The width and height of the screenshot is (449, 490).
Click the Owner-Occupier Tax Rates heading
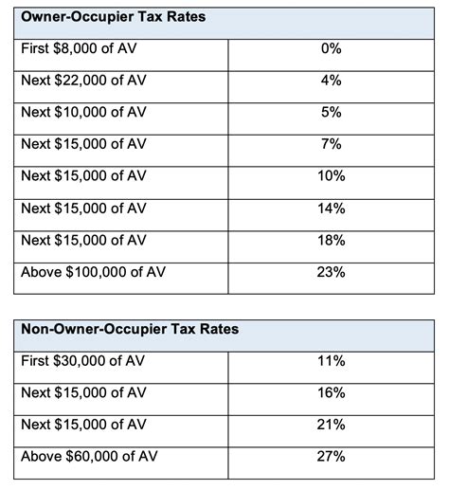pos(114,17)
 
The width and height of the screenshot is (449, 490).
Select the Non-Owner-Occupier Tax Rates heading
pos(130,330)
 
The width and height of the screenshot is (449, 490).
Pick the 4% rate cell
pos(331,81)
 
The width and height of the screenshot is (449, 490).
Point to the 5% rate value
pos(331,113)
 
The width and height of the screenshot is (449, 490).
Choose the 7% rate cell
pos(331,144)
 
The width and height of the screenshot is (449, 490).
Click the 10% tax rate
pos(331,176)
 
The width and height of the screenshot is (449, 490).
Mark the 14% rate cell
pos(331,208)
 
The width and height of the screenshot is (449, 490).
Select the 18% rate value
pos(331,240)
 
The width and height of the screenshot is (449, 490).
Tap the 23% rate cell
pos(331,272)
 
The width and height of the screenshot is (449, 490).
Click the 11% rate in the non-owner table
pos(331,361)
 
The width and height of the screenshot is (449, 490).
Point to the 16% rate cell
pos(331,392)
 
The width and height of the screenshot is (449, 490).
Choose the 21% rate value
pos(331,424)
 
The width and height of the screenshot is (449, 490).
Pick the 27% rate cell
pos(331,457)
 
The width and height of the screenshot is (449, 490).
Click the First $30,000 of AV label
pos(84,361)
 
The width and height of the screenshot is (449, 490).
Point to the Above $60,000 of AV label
pos(86,457)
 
